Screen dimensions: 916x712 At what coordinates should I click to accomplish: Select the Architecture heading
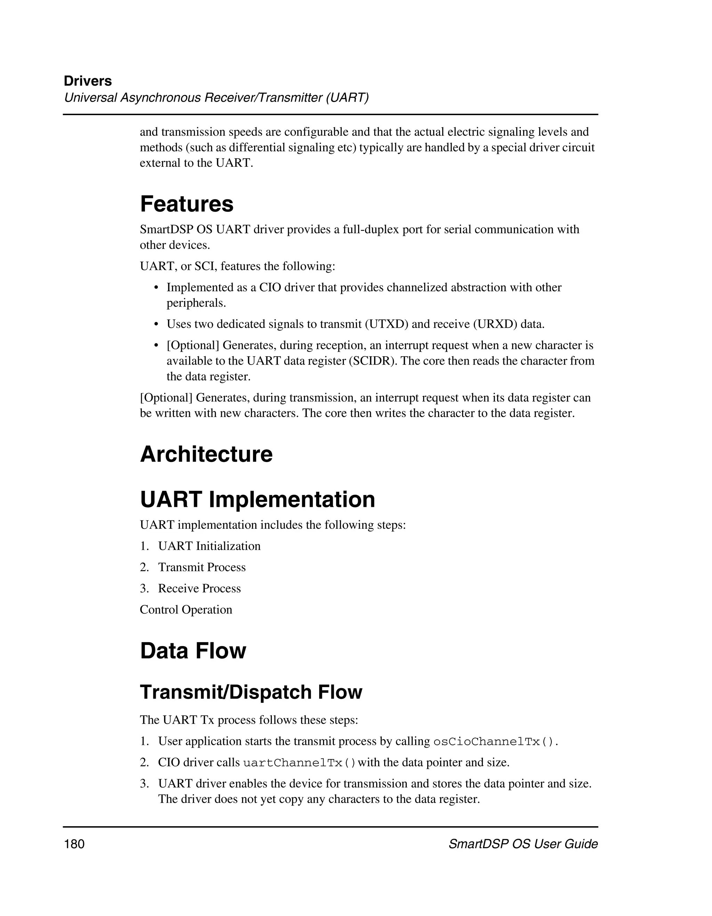[206, 454]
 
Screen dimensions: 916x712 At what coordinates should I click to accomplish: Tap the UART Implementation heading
[257, 500]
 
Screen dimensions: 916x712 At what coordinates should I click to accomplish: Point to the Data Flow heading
[193, 651]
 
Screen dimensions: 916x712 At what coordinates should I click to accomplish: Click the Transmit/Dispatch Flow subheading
[251, 692]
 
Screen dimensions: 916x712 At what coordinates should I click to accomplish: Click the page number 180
[74, 844]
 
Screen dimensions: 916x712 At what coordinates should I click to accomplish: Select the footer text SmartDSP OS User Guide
[523, 844]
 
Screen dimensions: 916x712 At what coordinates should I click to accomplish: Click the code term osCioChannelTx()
[493, 741]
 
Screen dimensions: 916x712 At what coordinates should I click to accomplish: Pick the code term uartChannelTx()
[299, 763]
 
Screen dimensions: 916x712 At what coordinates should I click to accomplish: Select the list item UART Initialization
[209, 546]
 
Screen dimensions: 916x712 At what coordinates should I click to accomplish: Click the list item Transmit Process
[202, 567]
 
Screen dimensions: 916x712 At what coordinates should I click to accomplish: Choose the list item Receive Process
[199, 588]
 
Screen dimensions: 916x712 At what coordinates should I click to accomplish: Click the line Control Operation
[186, 610]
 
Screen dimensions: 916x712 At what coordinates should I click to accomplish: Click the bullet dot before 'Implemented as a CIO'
[156, 288]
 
